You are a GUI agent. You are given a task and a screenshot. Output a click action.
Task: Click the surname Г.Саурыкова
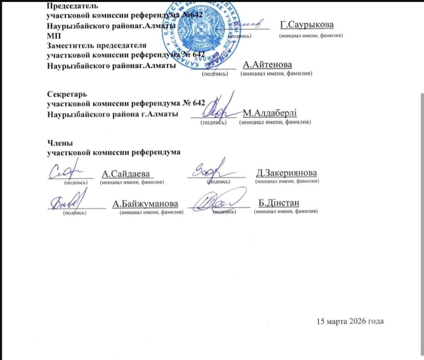click(x=307, y=25)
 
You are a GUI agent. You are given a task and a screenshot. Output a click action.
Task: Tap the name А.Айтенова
click(x=267, y=65)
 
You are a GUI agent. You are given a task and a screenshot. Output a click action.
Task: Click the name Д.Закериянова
click(x=286, y=173)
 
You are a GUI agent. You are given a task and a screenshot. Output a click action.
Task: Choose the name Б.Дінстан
click(x=279, y=203)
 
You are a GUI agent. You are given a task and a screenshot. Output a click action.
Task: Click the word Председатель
click(x=72, y=6)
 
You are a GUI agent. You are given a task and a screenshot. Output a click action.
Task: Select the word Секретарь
click(x=67, y=95)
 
